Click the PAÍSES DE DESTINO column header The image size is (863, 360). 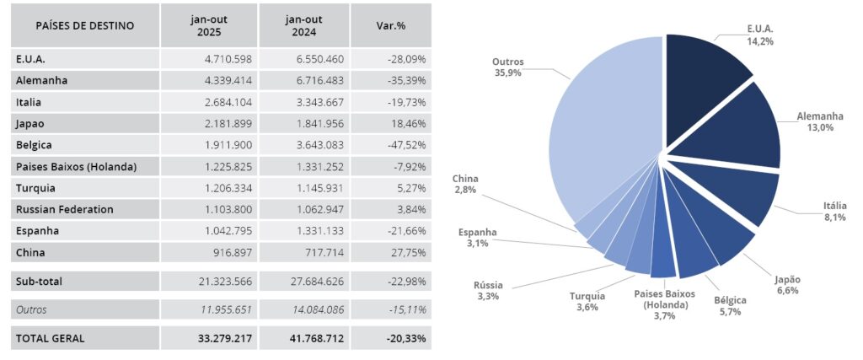pyautogui.click(x=84, y=25)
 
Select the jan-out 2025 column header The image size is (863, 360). pyautogui.click(x=210, y=25)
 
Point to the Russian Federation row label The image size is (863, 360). pyautogui.click(x=64, y=209)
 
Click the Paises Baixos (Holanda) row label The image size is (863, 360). pyautogui.click(x=76, y=166)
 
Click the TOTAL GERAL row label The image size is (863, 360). pyautogui.click(x=50, y=338)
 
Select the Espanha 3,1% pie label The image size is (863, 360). pyautogui.click(x=477, y=238)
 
